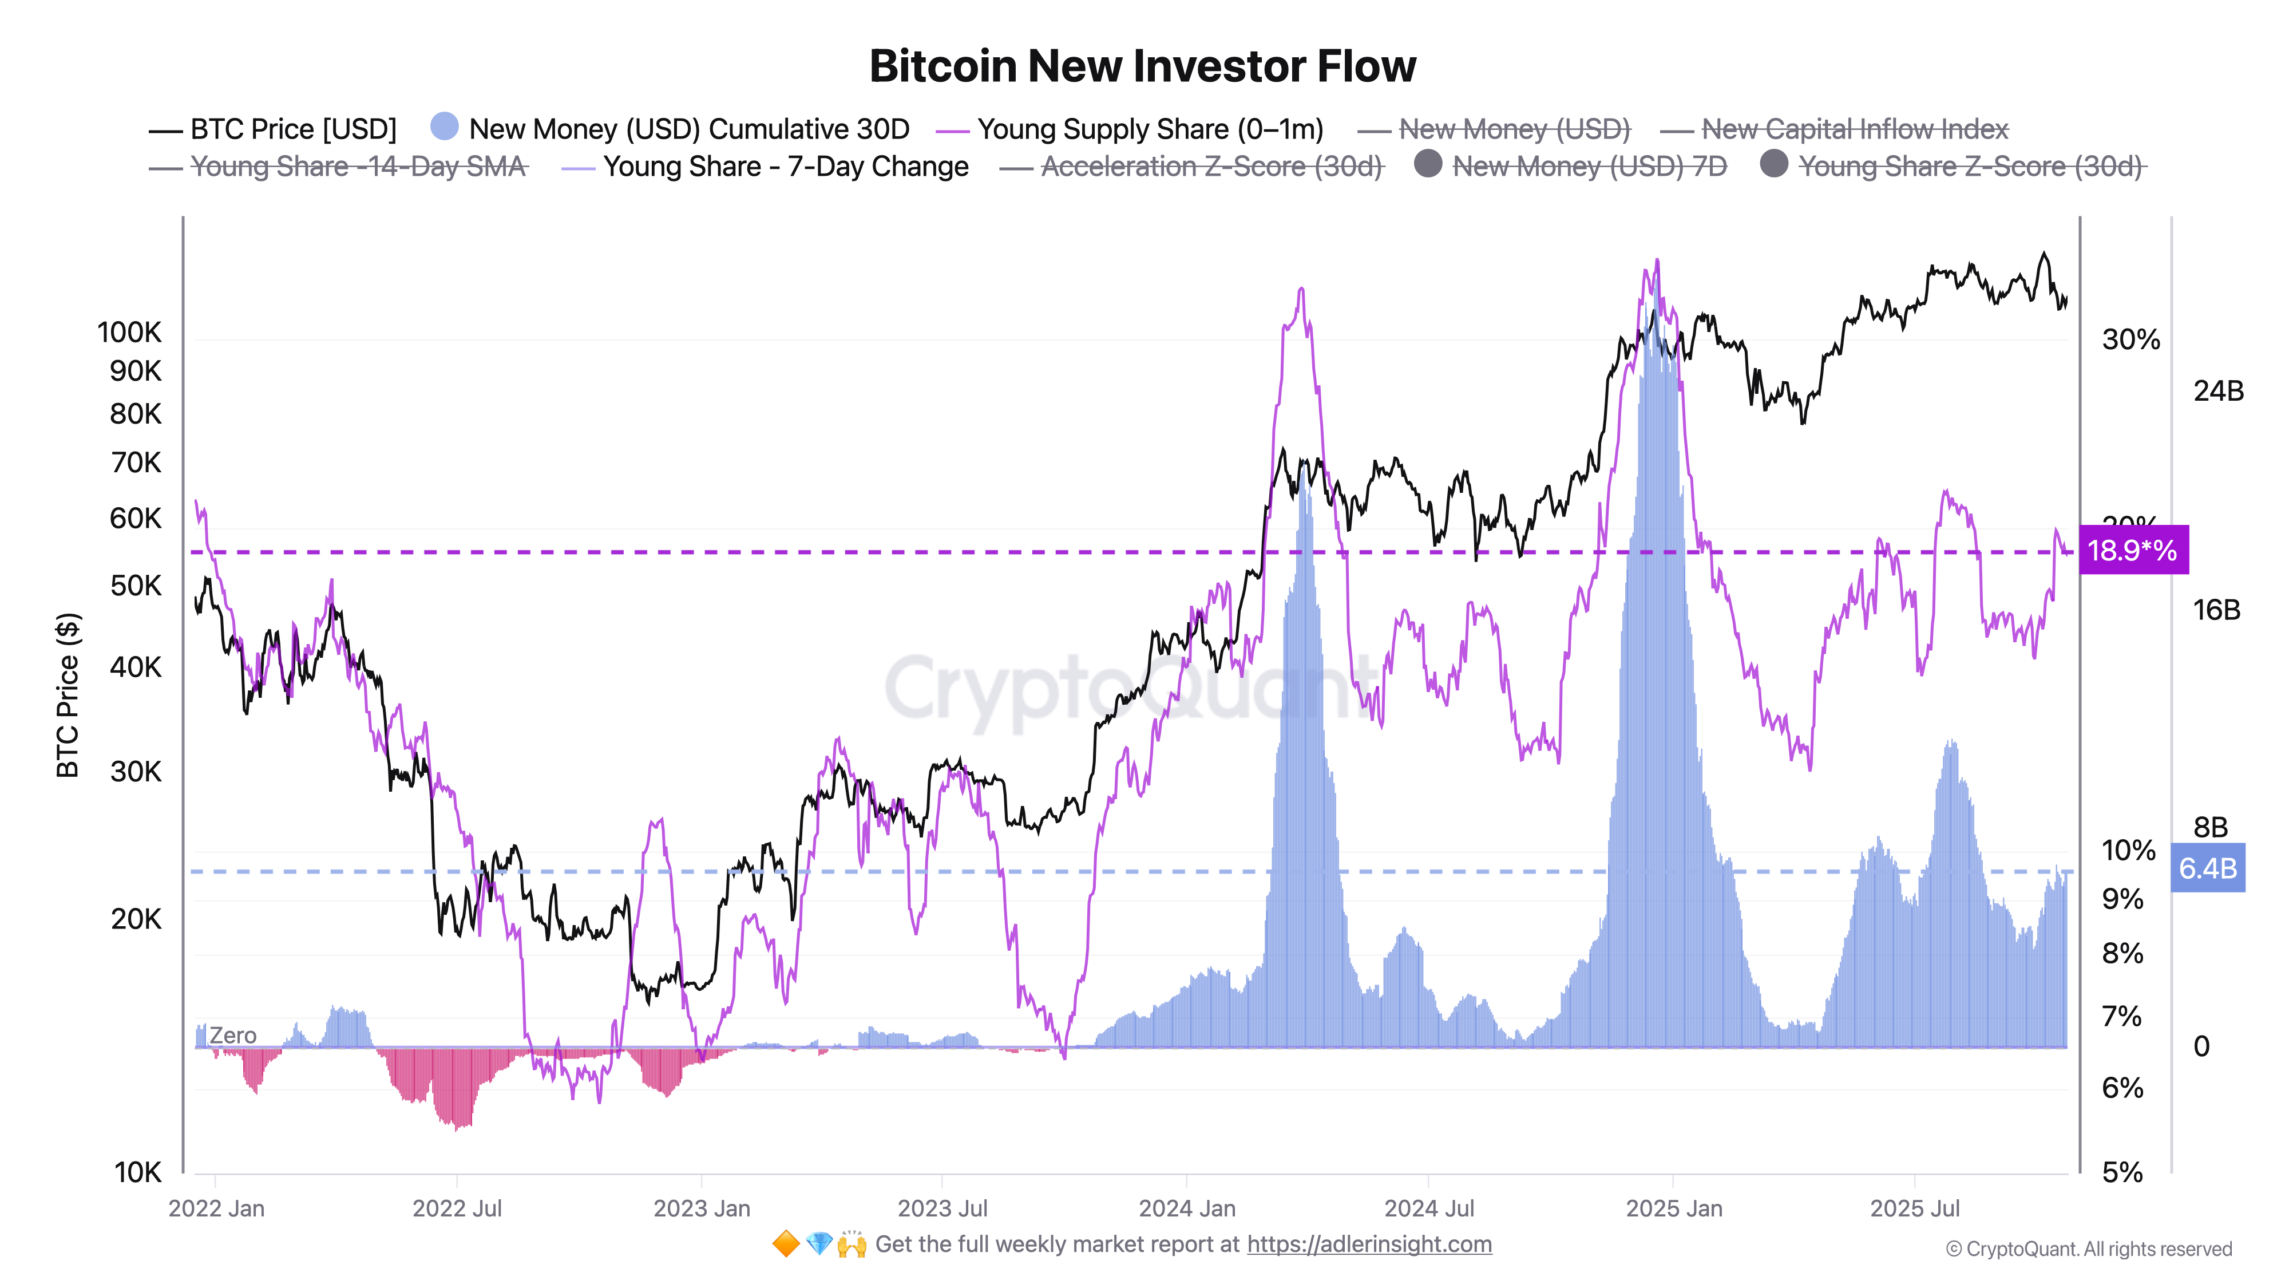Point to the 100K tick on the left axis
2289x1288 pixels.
click(x=130, y=333)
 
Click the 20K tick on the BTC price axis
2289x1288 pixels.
click(x=136, y=919)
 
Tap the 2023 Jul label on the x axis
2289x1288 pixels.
click(x=942, y=1209)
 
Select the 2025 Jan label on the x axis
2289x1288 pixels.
click(x=1673, y=1209)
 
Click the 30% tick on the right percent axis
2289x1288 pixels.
click(x=2130, y=339)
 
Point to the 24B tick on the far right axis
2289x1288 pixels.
click(x=2218, y=391)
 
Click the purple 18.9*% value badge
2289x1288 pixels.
click(x=2133, y=550)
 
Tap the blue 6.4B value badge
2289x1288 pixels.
click(x=2207, y=868)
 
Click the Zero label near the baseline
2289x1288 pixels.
click(x=233, y=1036)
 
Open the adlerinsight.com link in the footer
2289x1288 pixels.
click(x=1368, y=1244)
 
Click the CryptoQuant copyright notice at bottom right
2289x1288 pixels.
click(x=2088, y=1250)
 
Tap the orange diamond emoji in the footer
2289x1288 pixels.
click(x=786, y=1244)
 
